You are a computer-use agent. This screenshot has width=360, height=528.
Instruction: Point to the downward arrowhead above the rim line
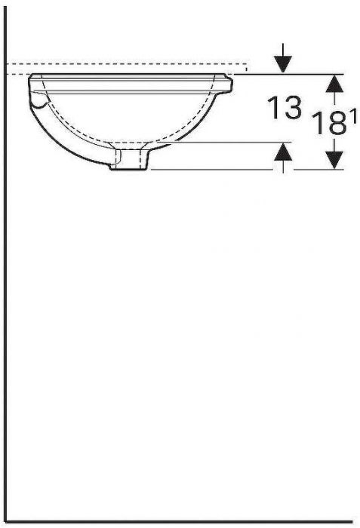(282, 65)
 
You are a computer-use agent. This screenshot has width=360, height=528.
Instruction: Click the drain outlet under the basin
(129, 160)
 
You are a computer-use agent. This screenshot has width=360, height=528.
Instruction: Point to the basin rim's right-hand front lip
(229, 81)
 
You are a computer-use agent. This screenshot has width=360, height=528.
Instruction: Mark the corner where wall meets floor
(7, 521)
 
